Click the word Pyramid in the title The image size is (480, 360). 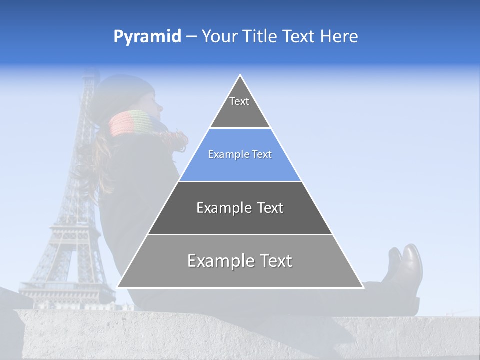tap(147, 37)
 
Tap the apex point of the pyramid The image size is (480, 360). tap(240, 75)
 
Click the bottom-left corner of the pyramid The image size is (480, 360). tap(118, 287)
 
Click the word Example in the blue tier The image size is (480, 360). tap(224, 154)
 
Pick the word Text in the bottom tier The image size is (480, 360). tap(275, 261)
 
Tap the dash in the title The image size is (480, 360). tap(191, 37)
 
